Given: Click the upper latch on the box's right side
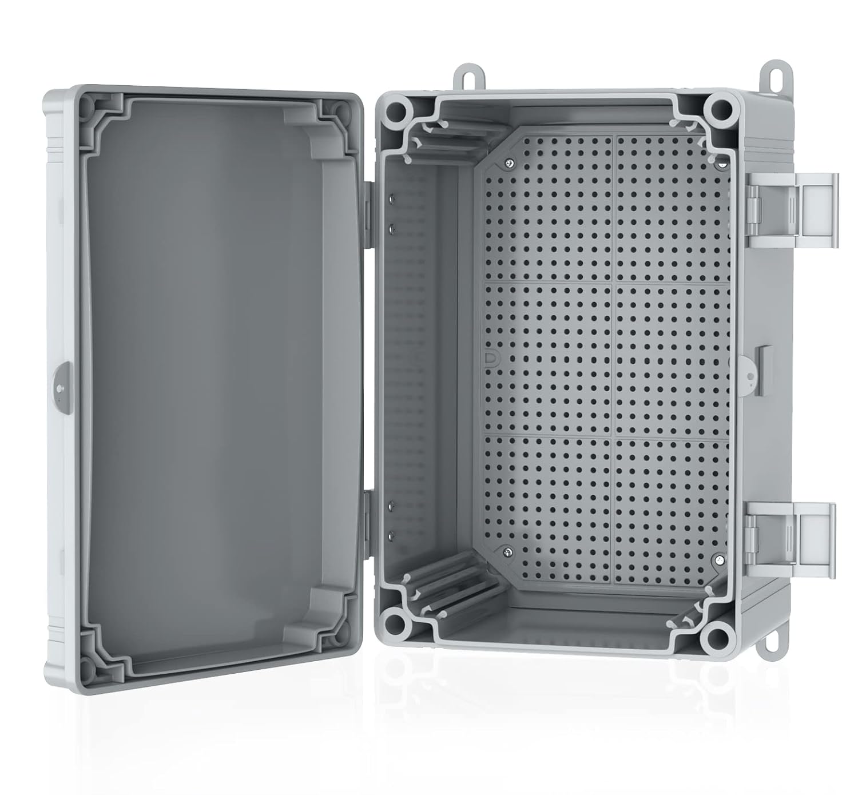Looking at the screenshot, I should (792, 210).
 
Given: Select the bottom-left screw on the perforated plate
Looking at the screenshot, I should (507, 552).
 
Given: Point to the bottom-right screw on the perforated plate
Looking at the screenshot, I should (716, 558).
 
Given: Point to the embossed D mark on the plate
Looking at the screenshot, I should (490, 358).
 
